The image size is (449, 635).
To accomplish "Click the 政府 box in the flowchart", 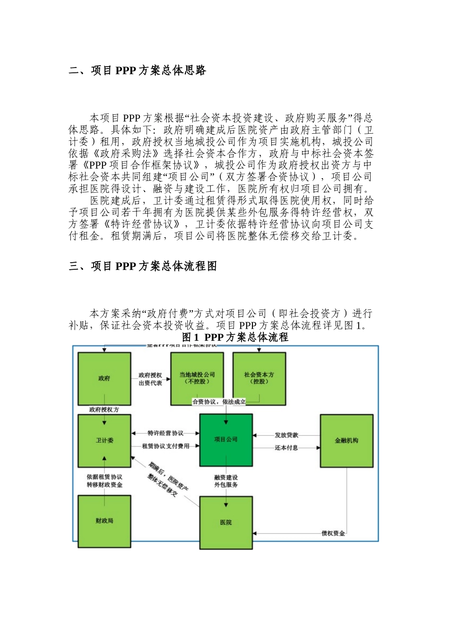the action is click(104, 378).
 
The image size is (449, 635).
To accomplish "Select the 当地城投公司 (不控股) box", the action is click(197, 378).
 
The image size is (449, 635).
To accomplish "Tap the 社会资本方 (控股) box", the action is click(259, 378).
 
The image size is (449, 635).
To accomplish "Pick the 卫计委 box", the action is click(104, 440).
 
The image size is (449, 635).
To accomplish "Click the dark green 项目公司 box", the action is click(225, 439).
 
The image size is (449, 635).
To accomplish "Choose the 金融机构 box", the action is click(346, 440).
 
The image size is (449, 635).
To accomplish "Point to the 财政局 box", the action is click(104, 521).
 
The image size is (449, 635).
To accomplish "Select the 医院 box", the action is click(225, 522).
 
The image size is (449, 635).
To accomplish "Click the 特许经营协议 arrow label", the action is click(165, 433).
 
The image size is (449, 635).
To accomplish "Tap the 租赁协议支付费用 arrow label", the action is click(165, 446).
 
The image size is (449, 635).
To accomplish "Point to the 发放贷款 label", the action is click(286, 435).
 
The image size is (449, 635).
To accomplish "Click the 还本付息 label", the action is click(286, 447).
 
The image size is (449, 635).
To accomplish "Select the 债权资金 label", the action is click(333, 533).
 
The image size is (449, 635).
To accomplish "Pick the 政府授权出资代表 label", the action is click(150, 379).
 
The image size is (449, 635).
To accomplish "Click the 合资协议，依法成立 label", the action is click(219, 402).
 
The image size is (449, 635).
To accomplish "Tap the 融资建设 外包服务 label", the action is click(226, 481).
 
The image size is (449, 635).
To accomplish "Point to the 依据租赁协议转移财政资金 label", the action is click(104, 481).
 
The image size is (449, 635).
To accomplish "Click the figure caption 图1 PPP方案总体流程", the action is click(235, 337).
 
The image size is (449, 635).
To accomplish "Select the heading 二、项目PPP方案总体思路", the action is click(138, 71).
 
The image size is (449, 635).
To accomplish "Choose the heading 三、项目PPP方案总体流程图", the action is click(143, 266).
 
